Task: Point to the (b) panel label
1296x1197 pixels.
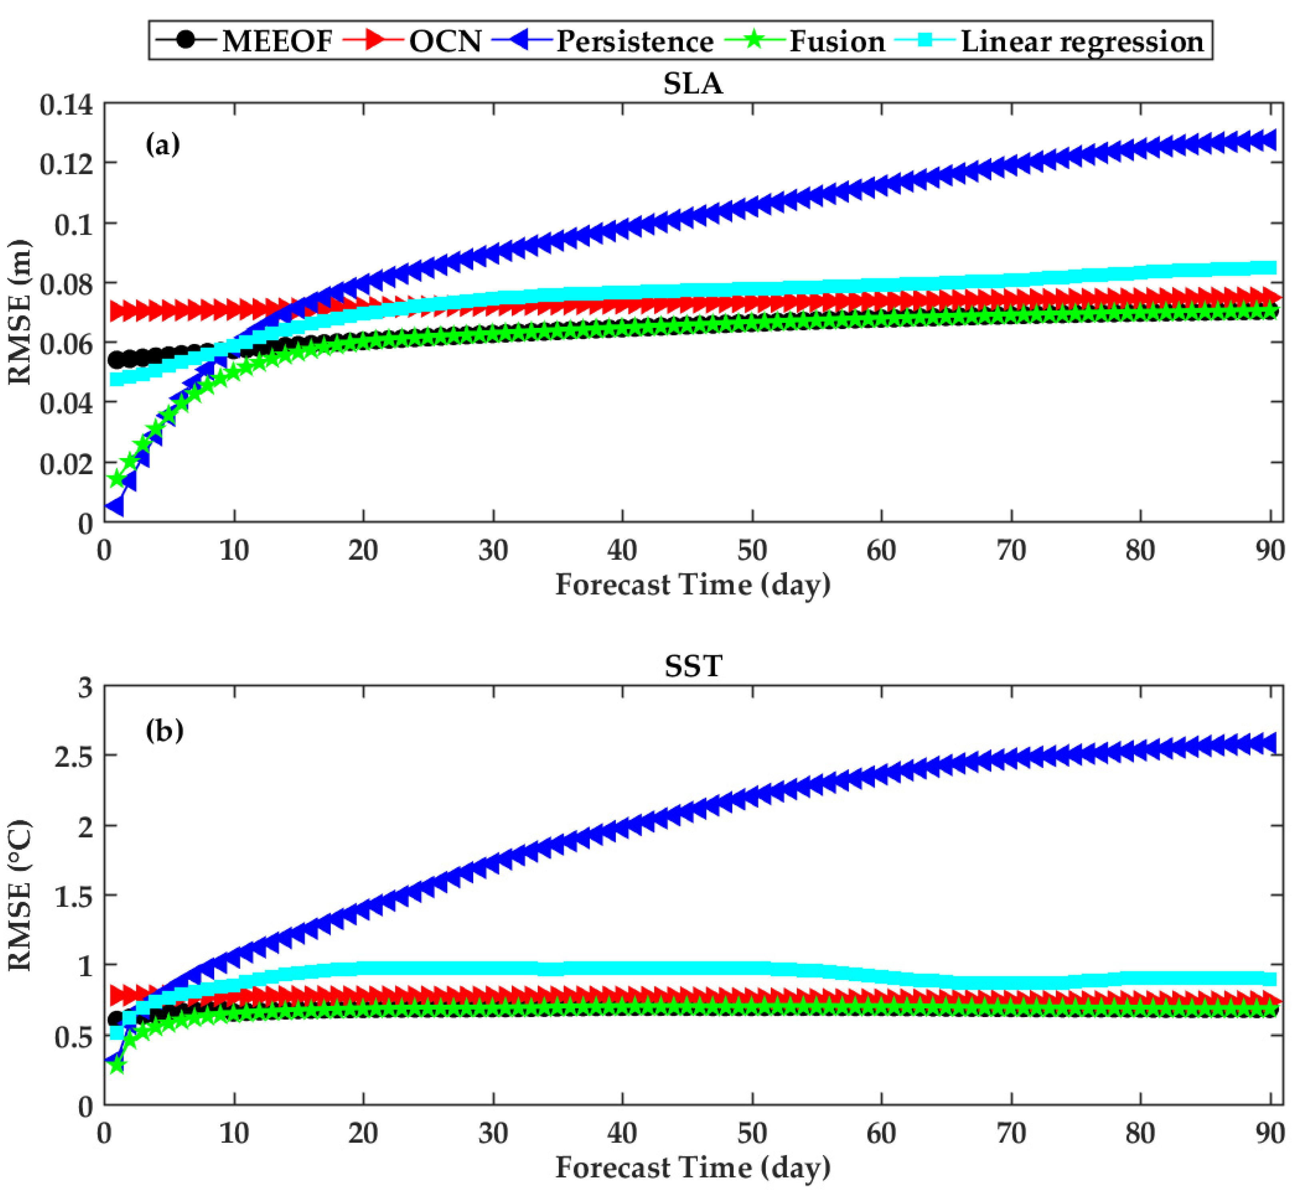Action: click(164, 731)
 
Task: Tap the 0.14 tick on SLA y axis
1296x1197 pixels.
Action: click(66, 105)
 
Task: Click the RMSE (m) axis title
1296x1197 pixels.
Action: click(20, 312)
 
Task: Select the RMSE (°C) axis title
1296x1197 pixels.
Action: click(20, 896)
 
